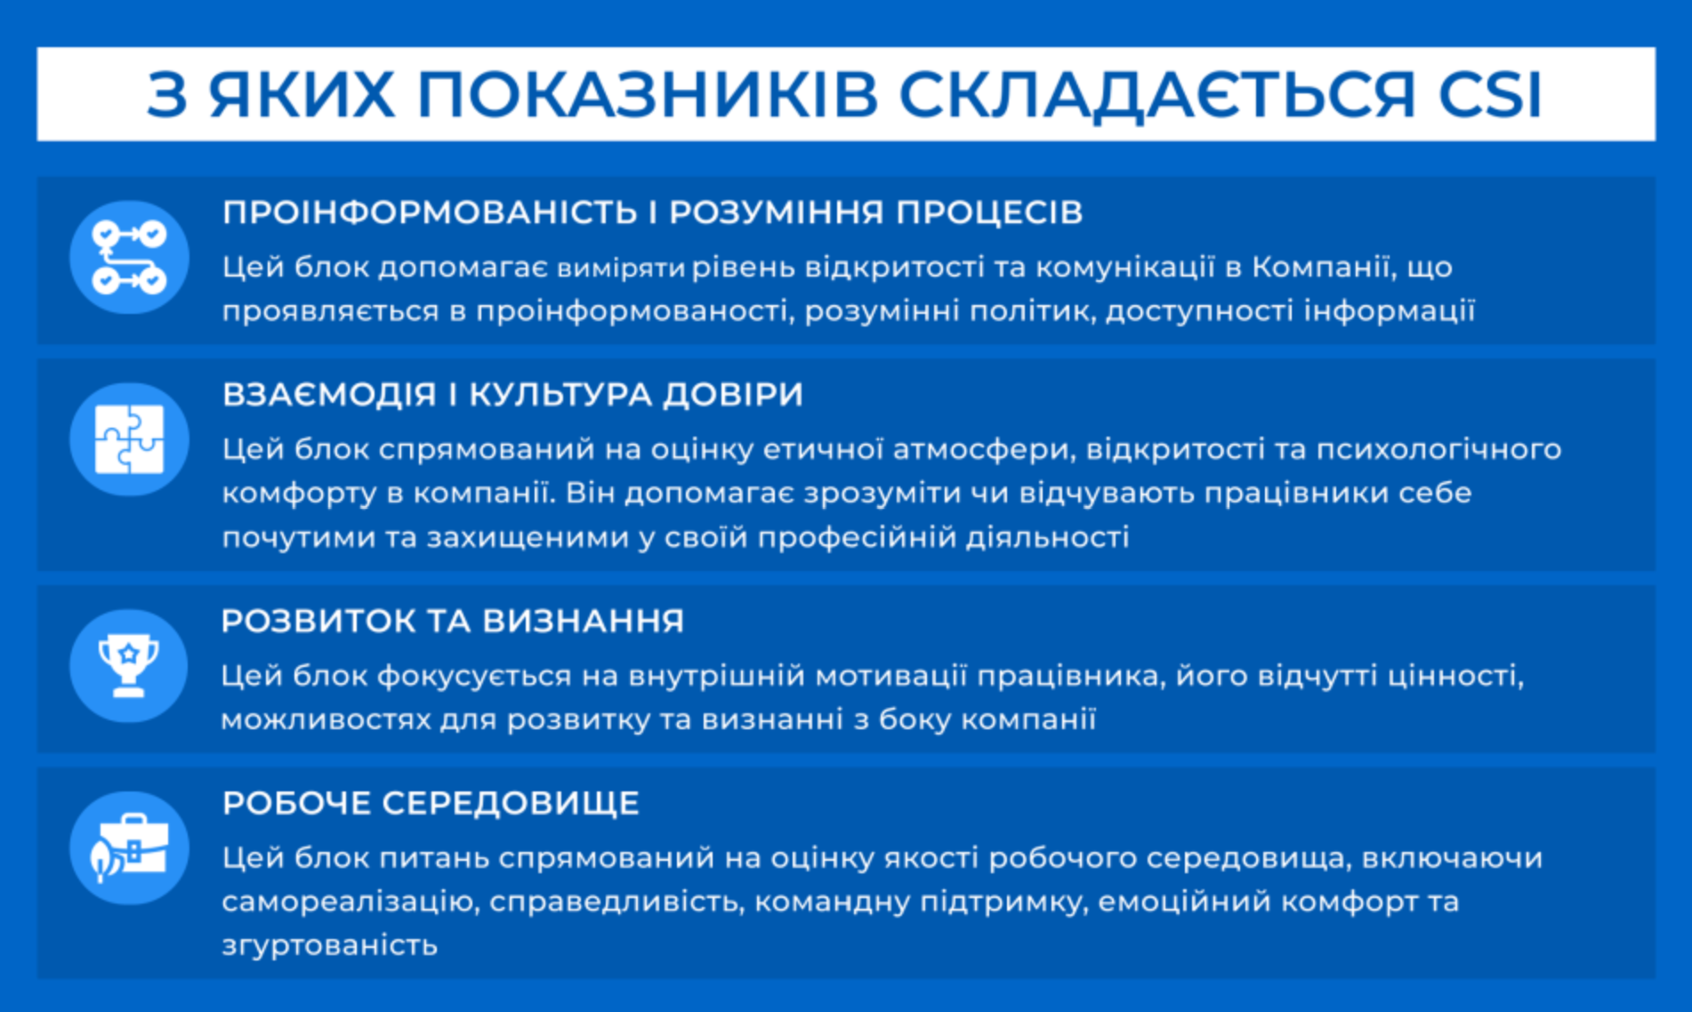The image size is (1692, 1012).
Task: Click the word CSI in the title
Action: click(x=1489, y=93)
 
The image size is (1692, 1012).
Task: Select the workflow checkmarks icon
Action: click(x=129, y=258)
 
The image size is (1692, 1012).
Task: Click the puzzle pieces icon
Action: click(x=129, y=439)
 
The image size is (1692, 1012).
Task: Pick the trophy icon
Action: click(x=129, y=666)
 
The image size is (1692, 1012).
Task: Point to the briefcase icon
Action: click(x=129, y=848)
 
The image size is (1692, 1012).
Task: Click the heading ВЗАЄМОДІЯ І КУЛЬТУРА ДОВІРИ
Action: click(x=512, y=394)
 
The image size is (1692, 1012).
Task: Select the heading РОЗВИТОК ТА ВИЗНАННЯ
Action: click(x=453, y=621)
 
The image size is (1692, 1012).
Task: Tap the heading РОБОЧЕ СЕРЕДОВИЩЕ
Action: click(x=431, y=803)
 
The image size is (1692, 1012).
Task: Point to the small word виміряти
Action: click(x=621, y=268)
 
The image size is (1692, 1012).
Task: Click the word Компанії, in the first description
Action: click(x=1321, y=267)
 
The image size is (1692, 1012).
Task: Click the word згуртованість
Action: click(x=330, y=944)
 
